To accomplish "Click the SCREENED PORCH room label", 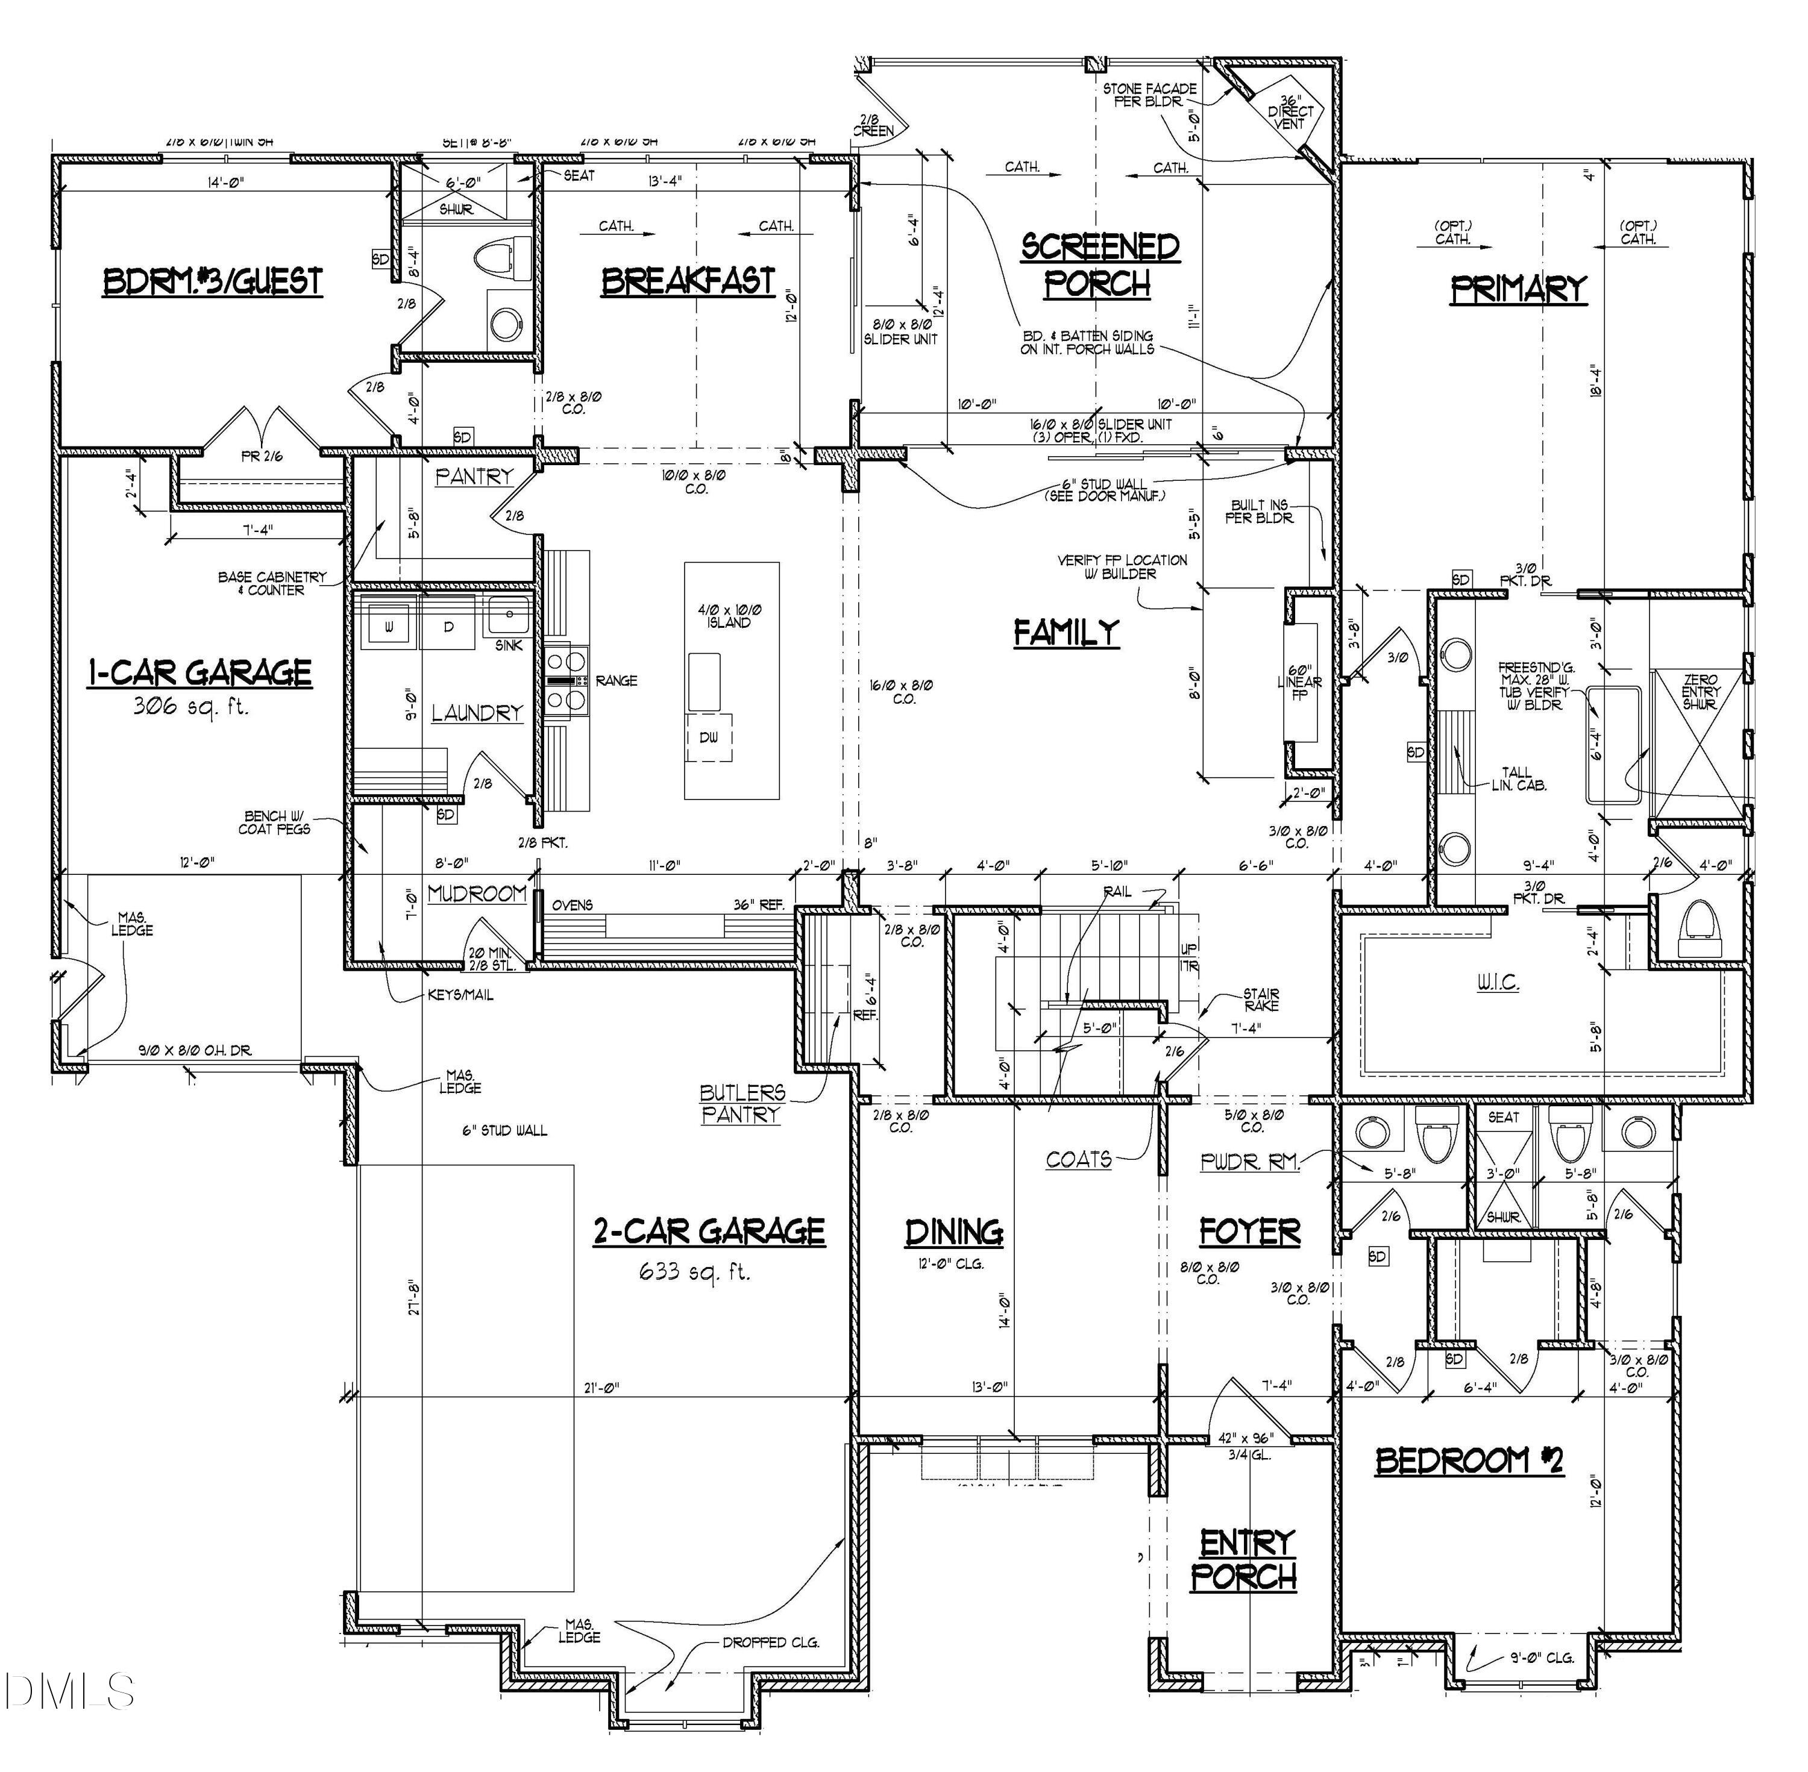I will (x=1099, y=265).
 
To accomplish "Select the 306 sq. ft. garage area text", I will (x=192, y=706).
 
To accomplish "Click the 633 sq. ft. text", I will (x=694, y=1271).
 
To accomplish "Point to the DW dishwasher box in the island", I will (x=709, y=738).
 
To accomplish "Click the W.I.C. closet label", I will (x=1497, y=983).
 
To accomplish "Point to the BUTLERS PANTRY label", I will (x=742, y=1103).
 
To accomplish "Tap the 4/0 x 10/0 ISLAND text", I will (x=729, y=616).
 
